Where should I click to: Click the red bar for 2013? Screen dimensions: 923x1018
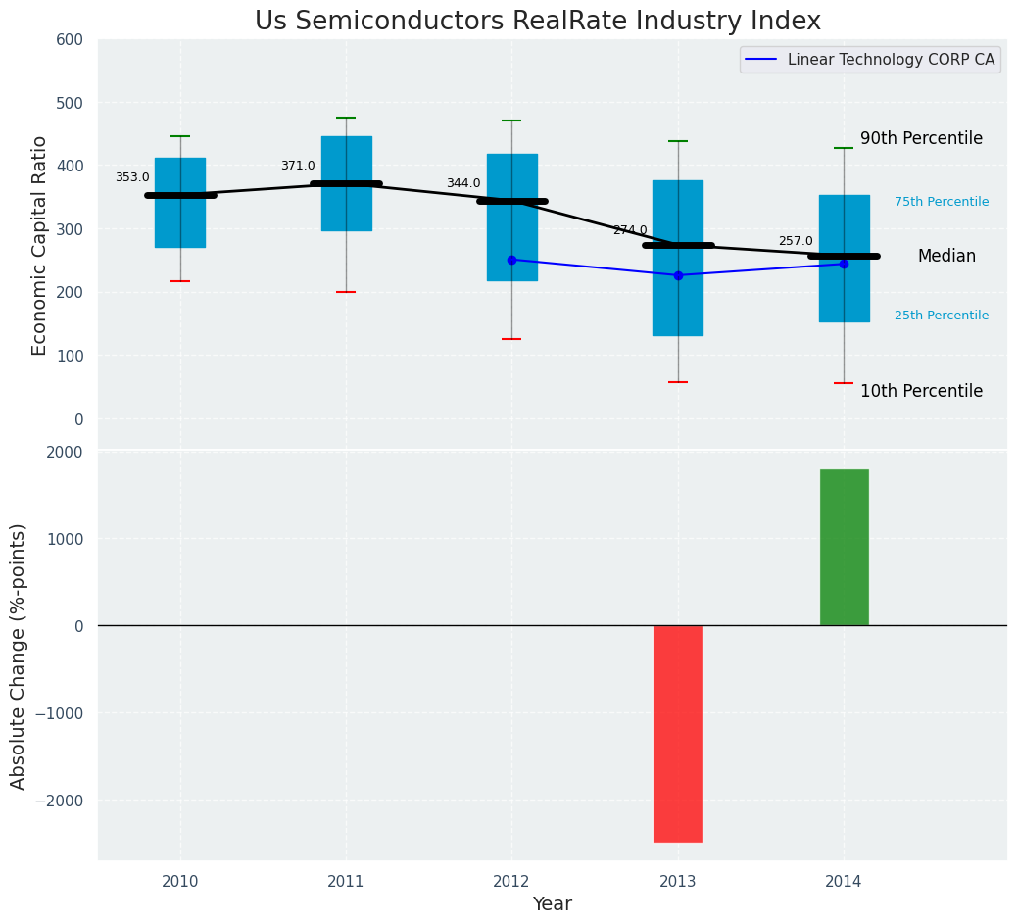677,733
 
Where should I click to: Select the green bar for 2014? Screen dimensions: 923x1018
844,547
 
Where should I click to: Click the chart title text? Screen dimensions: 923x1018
538,22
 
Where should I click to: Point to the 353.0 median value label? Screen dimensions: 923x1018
132,177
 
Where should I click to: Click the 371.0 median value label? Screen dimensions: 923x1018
298,166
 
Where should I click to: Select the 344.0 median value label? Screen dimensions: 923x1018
463,183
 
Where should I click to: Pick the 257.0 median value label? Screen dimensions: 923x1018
796,241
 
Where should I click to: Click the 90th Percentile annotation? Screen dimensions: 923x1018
921,138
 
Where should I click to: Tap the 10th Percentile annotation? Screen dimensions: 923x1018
921,391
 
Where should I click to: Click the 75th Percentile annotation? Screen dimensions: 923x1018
942,202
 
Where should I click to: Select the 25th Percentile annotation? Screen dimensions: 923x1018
942,316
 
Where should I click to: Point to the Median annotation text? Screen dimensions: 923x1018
946,256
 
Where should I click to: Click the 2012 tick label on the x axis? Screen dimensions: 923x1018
511,882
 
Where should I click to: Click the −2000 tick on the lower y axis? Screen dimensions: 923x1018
62,801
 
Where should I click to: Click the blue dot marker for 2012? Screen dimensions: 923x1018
511,260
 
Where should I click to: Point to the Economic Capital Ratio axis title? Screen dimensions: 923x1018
40,245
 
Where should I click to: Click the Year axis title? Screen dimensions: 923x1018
553,904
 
